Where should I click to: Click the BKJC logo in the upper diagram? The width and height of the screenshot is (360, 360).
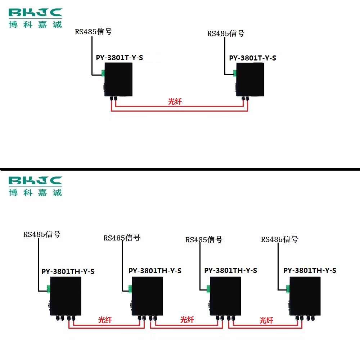coord(35,18)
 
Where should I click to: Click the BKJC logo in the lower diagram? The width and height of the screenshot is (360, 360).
coord(35,186)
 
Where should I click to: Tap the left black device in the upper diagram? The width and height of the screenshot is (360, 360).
coord(118,80)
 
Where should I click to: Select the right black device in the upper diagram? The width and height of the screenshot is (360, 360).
coord(250,80)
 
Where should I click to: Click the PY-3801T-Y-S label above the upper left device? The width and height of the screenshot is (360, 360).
coord(120,58)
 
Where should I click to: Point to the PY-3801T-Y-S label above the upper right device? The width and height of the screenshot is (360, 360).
coord(253,58)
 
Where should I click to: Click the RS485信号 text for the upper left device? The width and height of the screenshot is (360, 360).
coord(94,32)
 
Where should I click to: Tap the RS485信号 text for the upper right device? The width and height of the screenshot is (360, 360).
coord(226,33)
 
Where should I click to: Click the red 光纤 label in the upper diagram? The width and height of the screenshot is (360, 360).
coord(175,101)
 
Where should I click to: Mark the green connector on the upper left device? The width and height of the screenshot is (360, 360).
coord(103,73)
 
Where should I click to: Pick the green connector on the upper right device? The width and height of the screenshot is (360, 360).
coord(235,73)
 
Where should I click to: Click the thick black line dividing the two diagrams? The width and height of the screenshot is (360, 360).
coord(180,169)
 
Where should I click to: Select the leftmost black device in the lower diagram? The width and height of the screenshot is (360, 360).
coord(66,296)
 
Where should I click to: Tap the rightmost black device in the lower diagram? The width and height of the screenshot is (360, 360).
coord(305,296)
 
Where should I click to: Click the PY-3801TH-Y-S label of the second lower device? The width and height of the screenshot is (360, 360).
coord(155,271)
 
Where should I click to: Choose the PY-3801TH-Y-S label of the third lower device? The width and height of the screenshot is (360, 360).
coord(231,270)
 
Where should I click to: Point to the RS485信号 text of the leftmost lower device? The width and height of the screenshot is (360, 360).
coord(42,234)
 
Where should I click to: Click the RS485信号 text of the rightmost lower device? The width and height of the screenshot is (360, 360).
coord(280,239)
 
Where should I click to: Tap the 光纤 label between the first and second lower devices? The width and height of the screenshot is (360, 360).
coord(105,320)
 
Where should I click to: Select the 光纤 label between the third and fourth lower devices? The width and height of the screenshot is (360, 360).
coord(266,320)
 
